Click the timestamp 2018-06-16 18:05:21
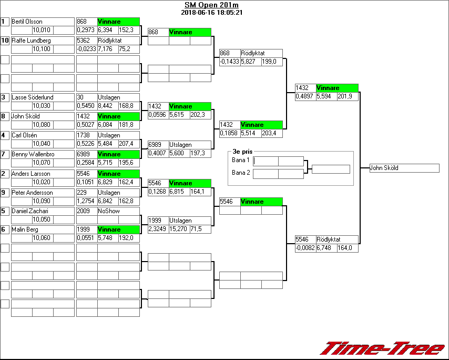click(212, 12)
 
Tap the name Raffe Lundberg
click(31, 41)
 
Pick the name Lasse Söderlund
click(33, 97)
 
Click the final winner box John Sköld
click(404, 168)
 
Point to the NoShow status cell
click(109, 211)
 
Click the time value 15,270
click(179, 229)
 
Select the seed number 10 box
click(5, 41)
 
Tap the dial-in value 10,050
click(42, 219)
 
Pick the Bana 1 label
click(240, 159)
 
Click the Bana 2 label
click(240, 172)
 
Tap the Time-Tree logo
click(383, 348)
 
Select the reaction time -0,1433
click(229, 62)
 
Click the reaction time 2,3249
click(158, 229)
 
